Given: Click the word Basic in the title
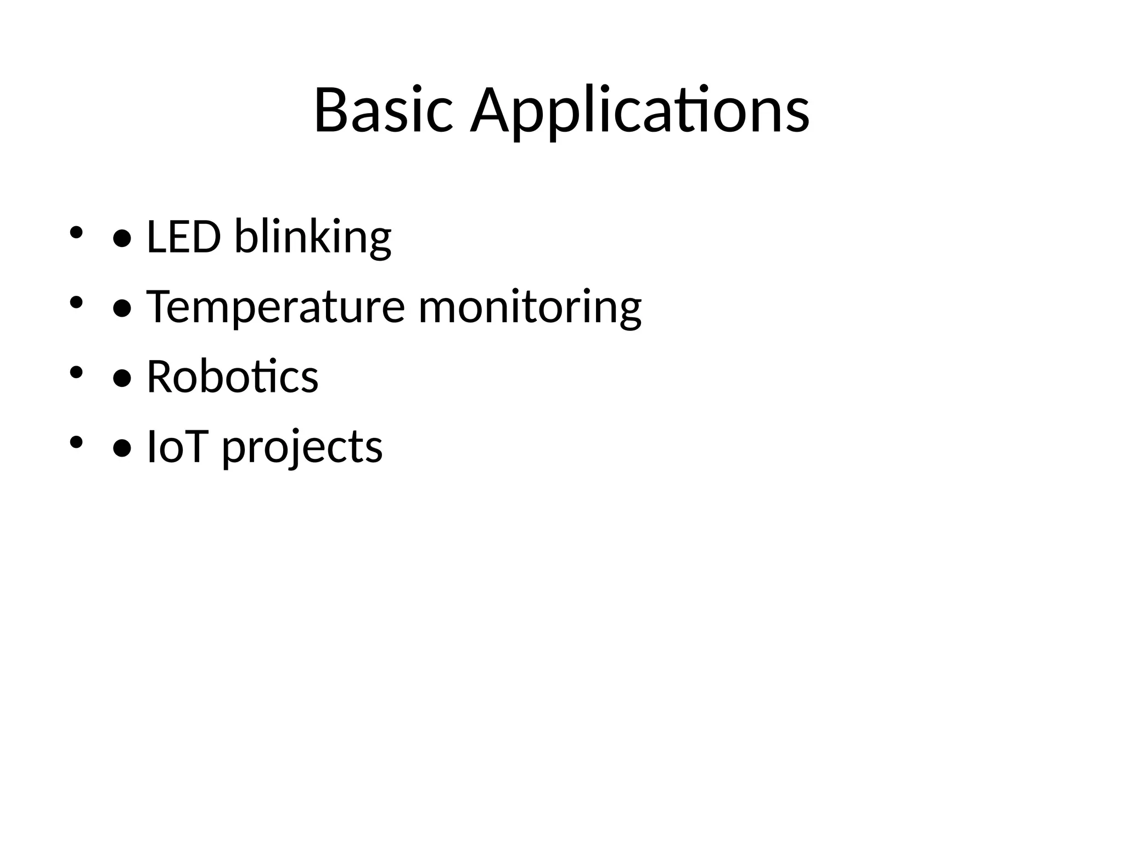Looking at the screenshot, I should coord(383,110).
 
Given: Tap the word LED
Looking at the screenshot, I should coord(184,237).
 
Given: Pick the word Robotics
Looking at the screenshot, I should coord(232,377).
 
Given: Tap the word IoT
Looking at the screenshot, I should coord(176,447).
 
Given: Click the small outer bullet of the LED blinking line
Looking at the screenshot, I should coord(76,233).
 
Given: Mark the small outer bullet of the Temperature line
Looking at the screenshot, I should coord(76,302).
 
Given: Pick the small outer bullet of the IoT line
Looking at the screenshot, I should coord(76,442).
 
